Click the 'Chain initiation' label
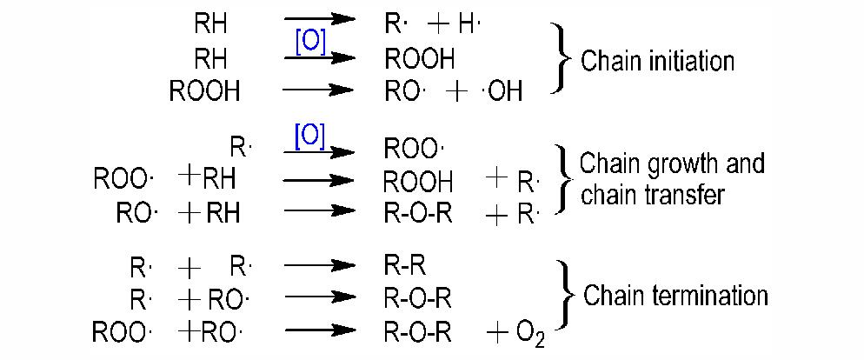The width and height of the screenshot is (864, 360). coord(657,61)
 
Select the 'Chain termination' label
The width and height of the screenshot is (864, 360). coord(675,296)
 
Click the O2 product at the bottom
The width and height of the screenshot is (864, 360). coord(530,335)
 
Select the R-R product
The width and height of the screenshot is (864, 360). coord(406,267)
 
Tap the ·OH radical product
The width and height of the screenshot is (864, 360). coord(503,91)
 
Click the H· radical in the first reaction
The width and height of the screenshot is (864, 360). coord(470,25)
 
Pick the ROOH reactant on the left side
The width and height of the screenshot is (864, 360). coord(204,91)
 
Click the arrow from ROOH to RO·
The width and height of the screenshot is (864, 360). coord(318,90)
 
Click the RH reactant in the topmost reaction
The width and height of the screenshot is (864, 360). coord(210,24)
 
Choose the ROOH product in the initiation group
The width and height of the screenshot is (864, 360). coord(420,58)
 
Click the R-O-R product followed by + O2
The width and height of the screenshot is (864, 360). coord(418,334)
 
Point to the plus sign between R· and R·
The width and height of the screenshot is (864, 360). coord(190,269)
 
